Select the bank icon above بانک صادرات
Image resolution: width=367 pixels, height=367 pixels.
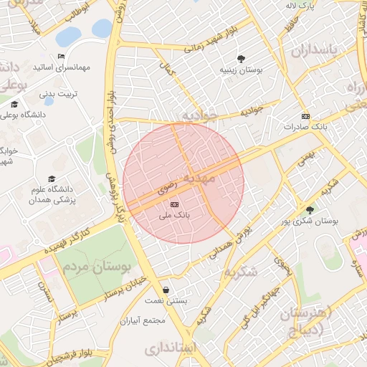(x=306, y=117)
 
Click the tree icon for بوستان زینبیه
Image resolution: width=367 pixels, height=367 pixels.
(x=240, y=59)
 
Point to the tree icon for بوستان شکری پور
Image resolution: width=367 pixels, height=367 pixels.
(x=310, y=210)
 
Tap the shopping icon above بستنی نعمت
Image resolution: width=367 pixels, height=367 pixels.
(x=166, y=290)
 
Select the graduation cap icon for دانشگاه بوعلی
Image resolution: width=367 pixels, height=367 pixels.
(x=14, y=105)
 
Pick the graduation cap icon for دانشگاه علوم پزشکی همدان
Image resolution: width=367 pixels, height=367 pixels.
(x=51, y=178)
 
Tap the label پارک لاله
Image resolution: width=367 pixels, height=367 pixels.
(x=302, y=6)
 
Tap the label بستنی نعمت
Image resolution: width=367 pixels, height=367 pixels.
(x=167, y=301)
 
